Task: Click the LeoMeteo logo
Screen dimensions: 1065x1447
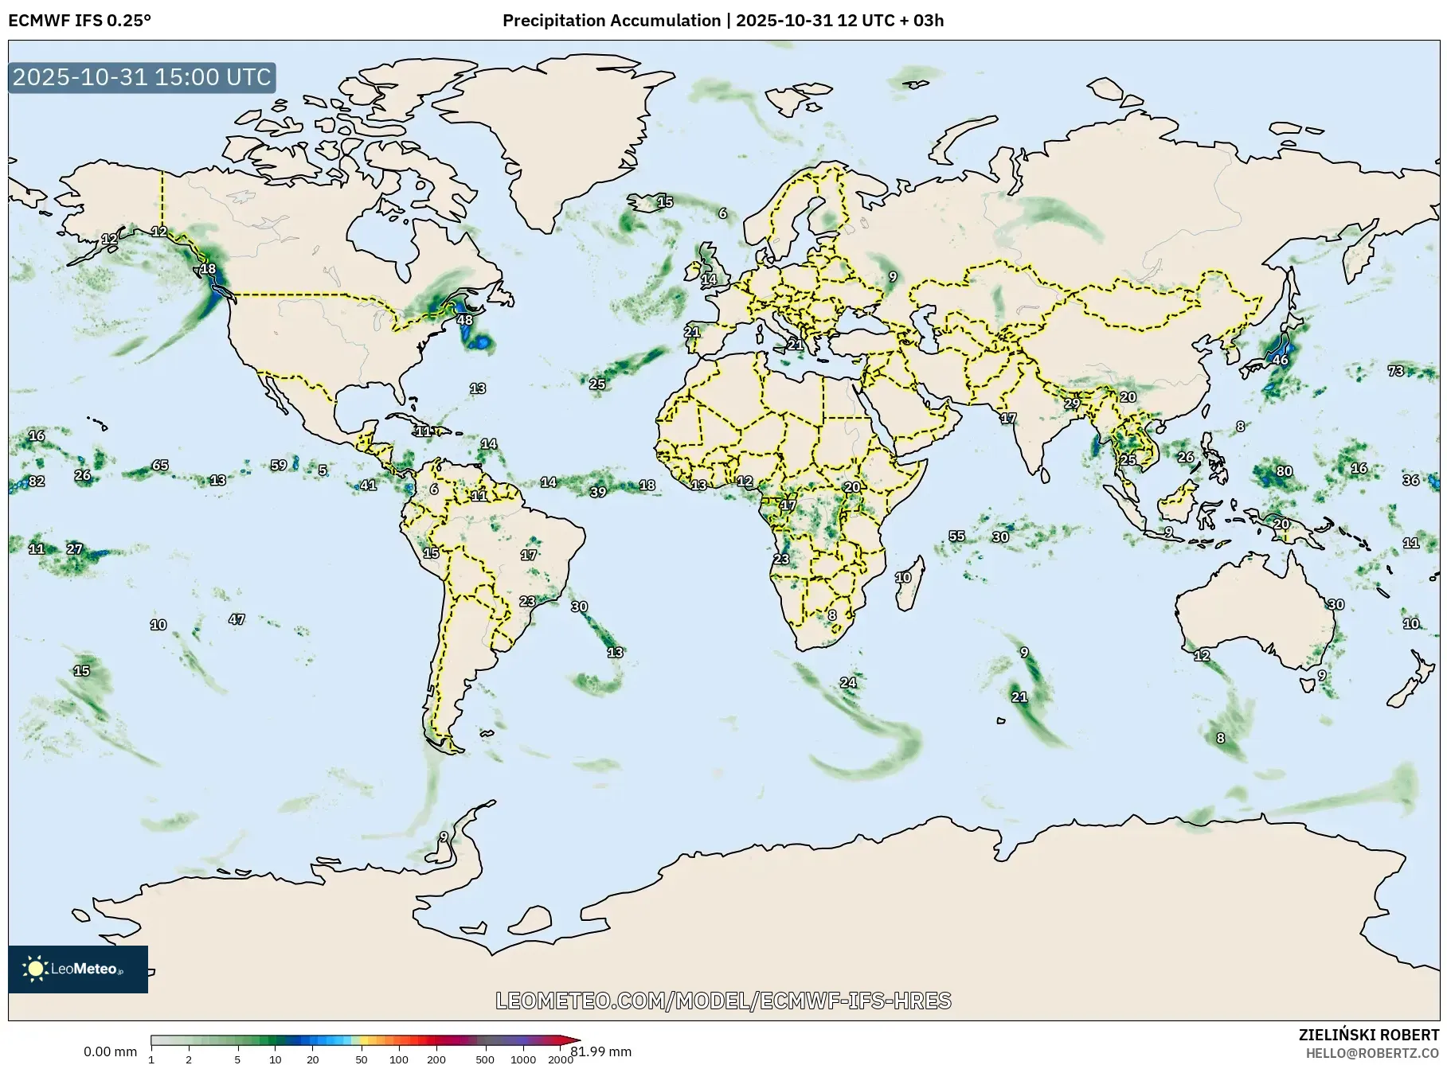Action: click(x=77, y=969)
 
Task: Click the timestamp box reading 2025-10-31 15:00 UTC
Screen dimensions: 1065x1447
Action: click(x=142, y=77)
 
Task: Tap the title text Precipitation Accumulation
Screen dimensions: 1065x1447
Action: click(x=611, y=21)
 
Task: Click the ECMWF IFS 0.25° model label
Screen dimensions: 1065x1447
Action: click(x=80, y=21)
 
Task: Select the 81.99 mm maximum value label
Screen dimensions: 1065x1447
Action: click(x=601, y=1051)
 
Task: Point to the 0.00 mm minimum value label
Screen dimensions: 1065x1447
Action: click(x=110, y=1051)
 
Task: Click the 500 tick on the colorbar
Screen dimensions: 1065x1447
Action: click(x=484, y=1059)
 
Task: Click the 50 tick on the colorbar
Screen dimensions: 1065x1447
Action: click(x=361, y=1059)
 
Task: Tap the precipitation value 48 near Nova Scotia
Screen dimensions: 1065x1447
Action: click(x=464, y=320)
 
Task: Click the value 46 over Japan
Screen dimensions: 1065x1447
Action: click(x=1280, y=360)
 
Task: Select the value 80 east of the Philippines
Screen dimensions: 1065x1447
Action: click(x=1284, y=471)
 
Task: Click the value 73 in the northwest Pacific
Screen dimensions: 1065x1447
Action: click(x=1395, y=371)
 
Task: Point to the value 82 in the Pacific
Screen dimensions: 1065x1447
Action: click(x=36, y=482)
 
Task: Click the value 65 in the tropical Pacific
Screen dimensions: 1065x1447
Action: click(x=160, y=465)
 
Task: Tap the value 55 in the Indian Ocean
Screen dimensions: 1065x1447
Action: click(x=956, y=536)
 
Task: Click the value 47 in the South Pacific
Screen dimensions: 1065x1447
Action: click(x=237, y=619)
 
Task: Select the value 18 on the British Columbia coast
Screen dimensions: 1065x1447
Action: click(x=208, y=269)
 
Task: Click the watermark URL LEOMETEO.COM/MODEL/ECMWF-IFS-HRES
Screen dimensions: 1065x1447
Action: click(x=723, y=1001)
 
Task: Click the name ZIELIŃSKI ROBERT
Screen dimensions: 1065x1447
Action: click(x=1368, y=1035)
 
